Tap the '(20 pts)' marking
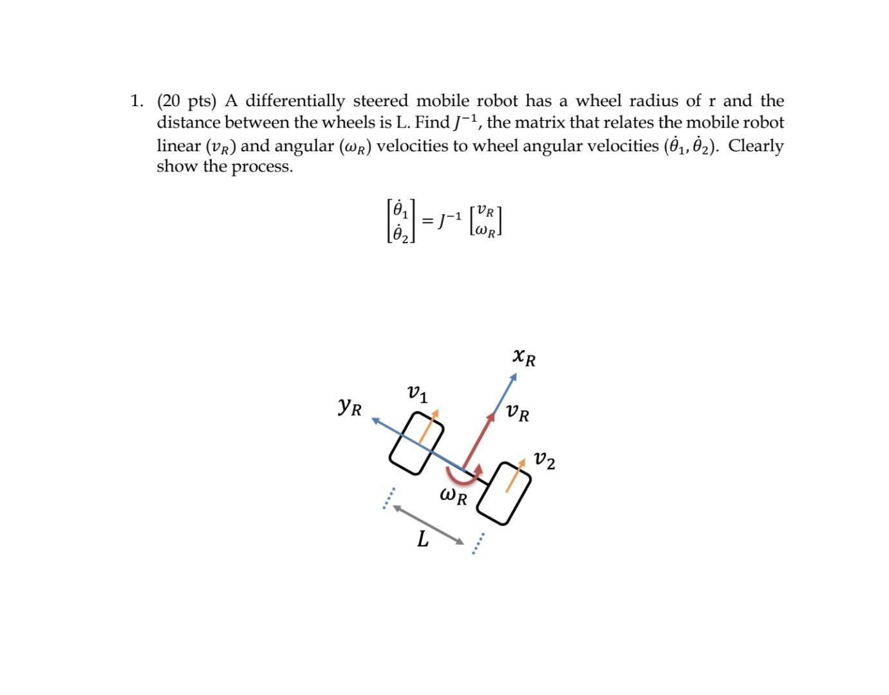point(186,101)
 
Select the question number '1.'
point(136,101)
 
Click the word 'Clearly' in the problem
point(756,145)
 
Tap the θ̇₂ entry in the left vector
point(401,234)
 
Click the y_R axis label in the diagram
point(350,406)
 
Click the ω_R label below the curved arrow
point(453,496)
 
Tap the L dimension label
point(422,539)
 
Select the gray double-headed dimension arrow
point(429,524)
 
